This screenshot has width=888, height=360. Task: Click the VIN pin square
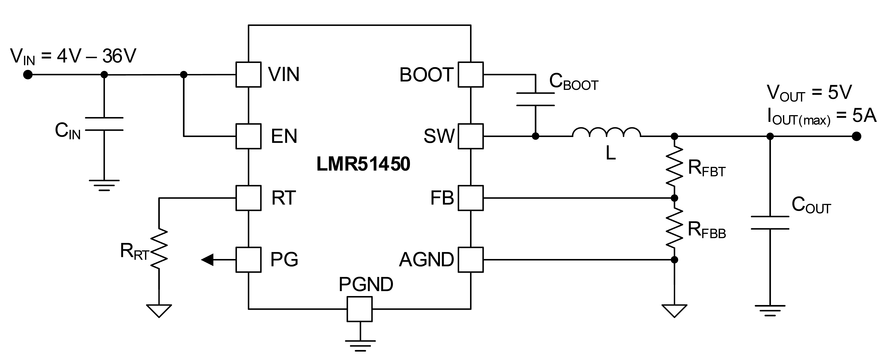pos(248,75)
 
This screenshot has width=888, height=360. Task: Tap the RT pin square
pos(248,198)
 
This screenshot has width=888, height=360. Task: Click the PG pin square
pos(248,260)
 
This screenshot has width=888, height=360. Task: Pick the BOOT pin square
pos(470,75)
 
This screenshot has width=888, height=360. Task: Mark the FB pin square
pos(470,198)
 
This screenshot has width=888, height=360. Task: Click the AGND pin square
pos(470,260)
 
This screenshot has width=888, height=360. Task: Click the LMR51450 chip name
pos(363,165)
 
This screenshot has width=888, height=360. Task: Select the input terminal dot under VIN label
pos(28,75)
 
